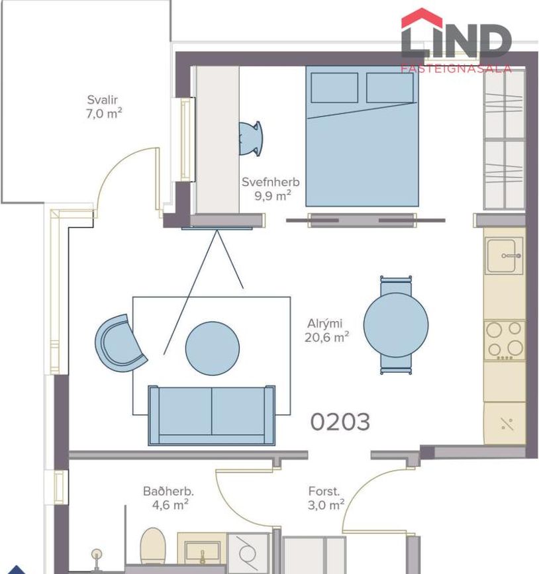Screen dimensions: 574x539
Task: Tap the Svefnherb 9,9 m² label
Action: click(x=270, y=189)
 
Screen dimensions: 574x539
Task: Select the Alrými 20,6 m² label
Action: click(x=327, y=330)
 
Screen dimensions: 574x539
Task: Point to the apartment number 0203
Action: click(x=340, y=422)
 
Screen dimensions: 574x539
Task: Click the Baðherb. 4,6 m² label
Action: click(x=168, y=497)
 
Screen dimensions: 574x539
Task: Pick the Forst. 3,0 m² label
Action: click(x=326, y=497)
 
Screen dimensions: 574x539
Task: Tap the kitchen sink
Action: click(x=505, y=255)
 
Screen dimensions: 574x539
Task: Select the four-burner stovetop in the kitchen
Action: click(x=505, y=340)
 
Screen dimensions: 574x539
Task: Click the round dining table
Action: click(x=396, y=325)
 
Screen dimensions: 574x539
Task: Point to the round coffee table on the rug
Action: click(x=212, y=348)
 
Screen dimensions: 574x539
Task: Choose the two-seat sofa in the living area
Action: click(x=211, y=414)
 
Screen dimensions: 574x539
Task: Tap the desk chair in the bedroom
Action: click(x=252, y=138)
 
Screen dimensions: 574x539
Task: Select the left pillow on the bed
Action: click(x=334, y=87)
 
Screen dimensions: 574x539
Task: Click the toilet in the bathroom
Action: click(x=152, y=546)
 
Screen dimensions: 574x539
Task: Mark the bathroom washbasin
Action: click(x=202, y=551)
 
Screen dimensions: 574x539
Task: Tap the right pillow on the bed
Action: click(x=389, y=87)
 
